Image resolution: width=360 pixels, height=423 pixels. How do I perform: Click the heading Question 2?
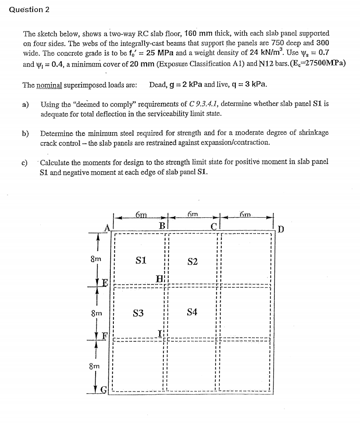(29, 10)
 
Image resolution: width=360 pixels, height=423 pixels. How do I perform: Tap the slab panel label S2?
(192, 262)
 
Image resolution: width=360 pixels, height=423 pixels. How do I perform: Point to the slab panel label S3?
(138, 313)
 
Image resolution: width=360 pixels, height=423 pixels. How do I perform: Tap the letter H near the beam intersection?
(159, 279)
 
